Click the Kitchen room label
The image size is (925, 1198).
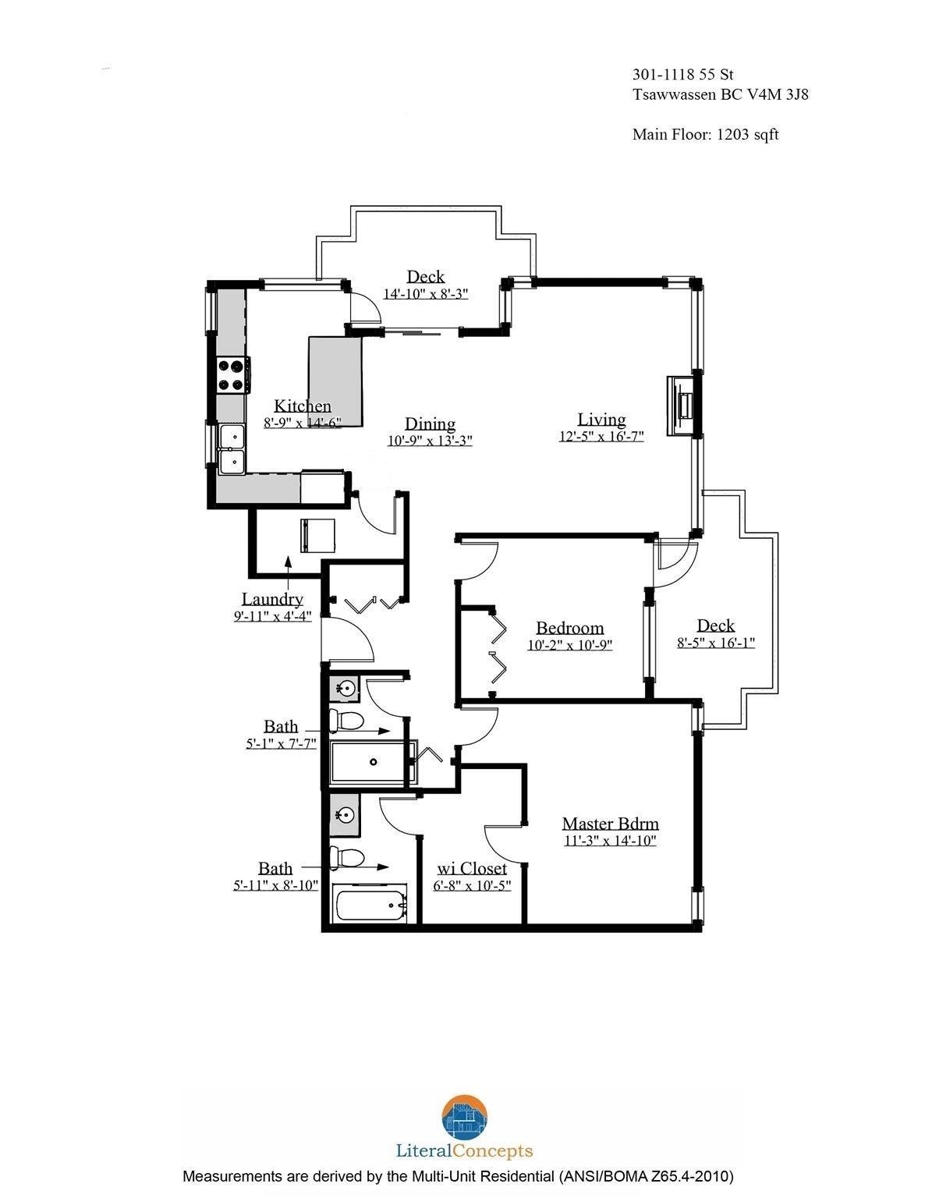click(x=302, y=406)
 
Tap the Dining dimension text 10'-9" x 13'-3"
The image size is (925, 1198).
click(x=430, y=440)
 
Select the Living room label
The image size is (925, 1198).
click(x=601, y=419)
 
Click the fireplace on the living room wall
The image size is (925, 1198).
click(x=682, y=406)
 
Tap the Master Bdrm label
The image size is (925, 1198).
click(x=610, y=823)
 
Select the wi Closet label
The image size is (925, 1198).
click(x=471, y=868)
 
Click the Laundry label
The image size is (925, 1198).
click(x=271, y=599)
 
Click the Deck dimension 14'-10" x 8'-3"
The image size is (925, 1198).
click(x=425, y=294)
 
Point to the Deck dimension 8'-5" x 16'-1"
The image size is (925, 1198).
click(x=715, y=643)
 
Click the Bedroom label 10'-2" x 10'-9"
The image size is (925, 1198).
click(x=569, y=628)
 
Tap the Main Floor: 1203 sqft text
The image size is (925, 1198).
click(x=705, y=134)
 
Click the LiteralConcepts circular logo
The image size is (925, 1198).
click(x=464, y=1118)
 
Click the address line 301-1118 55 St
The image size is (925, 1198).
click(x=683, y=75)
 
